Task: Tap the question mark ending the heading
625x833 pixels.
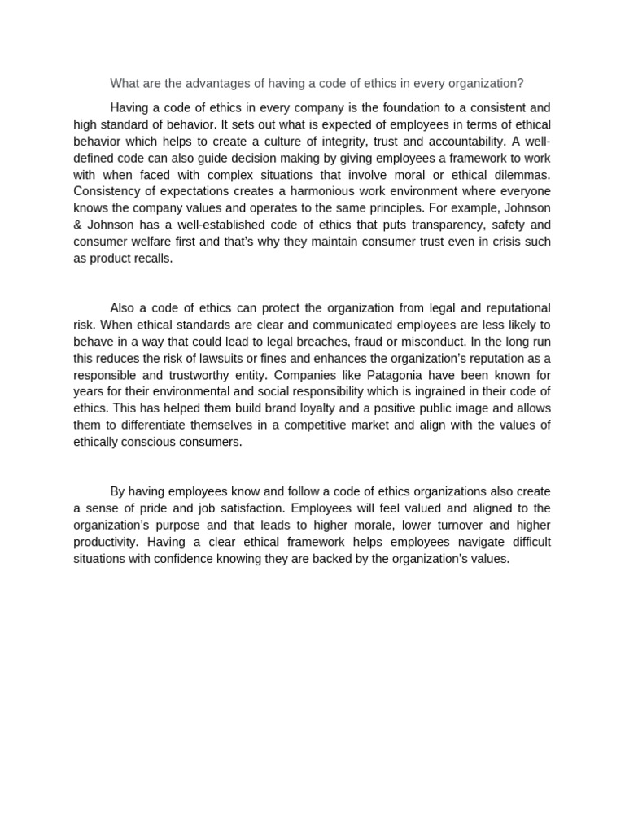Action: click(521, 83)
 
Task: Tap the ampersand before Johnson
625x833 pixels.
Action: click(77, 225)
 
